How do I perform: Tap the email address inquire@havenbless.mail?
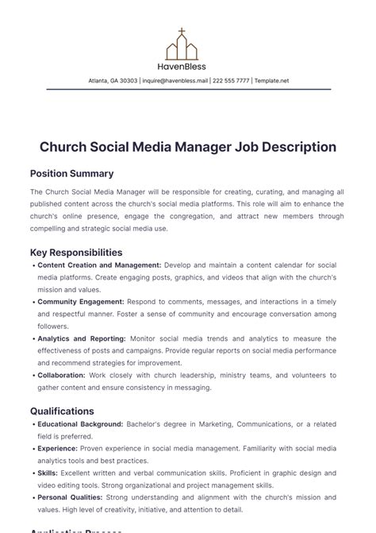[175, 81]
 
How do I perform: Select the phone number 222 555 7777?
[232, 81]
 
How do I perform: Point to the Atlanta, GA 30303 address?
[112, 81]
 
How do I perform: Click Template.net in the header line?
[272, 81]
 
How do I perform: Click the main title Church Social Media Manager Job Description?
[188, 147]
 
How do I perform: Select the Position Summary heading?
[71, 173]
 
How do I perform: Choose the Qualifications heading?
[62, 411]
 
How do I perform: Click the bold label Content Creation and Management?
[99, 265]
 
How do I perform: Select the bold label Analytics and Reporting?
[82, 338]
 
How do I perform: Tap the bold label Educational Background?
[80, 425]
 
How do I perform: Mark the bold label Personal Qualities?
[73, 498]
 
